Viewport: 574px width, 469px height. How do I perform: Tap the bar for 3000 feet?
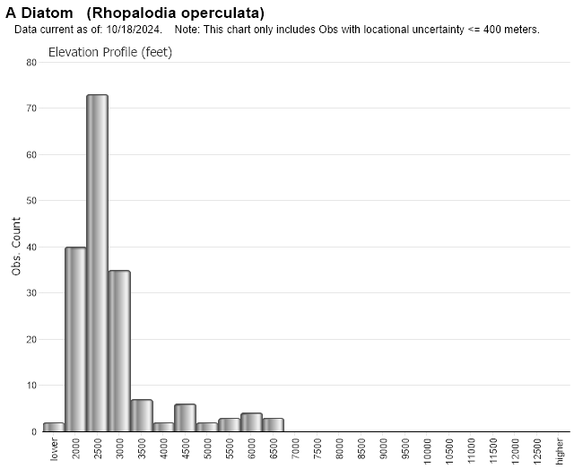[x=119, y=351]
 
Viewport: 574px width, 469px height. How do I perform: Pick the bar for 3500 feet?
[x=141, y=415]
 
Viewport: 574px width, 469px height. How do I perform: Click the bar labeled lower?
[x=54, y=427]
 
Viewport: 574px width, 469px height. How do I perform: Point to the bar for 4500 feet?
[x=185, y=418]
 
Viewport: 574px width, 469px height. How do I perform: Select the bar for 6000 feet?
[x=251, y=422]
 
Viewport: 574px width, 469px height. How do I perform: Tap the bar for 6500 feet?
[x=273, y=424]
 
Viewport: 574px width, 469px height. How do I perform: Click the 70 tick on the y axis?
[x=31, y=109]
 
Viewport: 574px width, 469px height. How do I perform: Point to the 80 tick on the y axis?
[x=31, y=63]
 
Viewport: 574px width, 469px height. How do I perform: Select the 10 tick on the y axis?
[x=31, y=386]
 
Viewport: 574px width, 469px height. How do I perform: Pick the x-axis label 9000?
[x=384, y=447]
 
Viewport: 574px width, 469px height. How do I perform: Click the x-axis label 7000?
[x=296, y=447]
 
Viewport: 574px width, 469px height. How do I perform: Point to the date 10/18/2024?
[x=134, y=30]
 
